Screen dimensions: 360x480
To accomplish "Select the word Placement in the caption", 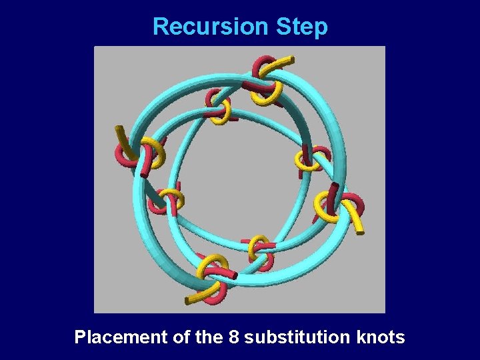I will point(121,337).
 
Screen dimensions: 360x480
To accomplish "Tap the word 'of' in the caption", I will point(182,337).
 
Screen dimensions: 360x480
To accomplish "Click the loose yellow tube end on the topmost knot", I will point(286,61).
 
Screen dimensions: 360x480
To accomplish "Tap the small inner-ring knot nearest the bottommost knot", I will point(260,251).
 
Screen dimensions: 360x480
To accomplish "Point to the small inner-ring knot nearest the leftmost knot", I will point(167,199).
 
